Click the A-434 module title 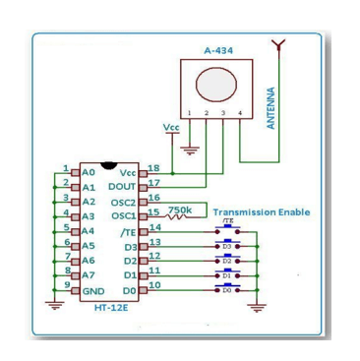[217, 50]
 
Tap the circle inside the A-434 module [216, 86]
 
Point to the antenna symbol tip [281, 43]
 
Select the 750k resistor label [180, 210]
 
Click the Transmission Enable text [261, 211]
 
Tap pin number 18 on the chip [153, 168]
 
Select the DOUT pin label [123, 186]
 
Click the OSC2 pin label [124, 201]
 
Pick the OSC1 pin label [124, 215]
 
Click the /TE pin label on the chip [128, 231]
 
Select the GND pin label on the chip [93, 291]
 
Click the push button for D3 [227, 246]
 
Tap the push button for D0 [227, 290]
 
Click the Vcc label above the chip [171, 127]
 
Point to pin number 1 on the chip [66, 168]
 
